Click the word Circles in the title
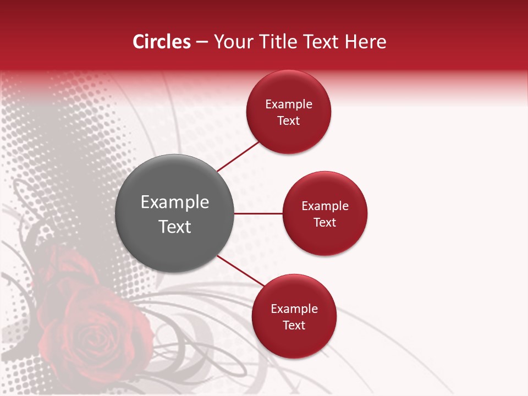coord(161,42)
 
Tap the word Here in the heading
coord(366,42)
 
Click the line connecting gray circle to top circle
coord(238,156)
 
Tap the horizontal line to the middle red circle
coord(258,213)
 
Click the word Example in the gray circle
coord(175,202)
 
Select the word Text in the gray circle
coord(175,227)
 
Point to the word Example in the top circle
coord(289,105)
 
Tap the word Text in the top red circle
coord(289,121)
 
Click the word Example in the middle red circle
coord(325,206)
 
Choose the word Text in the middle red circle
coord(325,223)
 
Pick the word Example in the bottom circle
coord(294,309)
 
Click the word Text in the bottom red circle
coord(294,326)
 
